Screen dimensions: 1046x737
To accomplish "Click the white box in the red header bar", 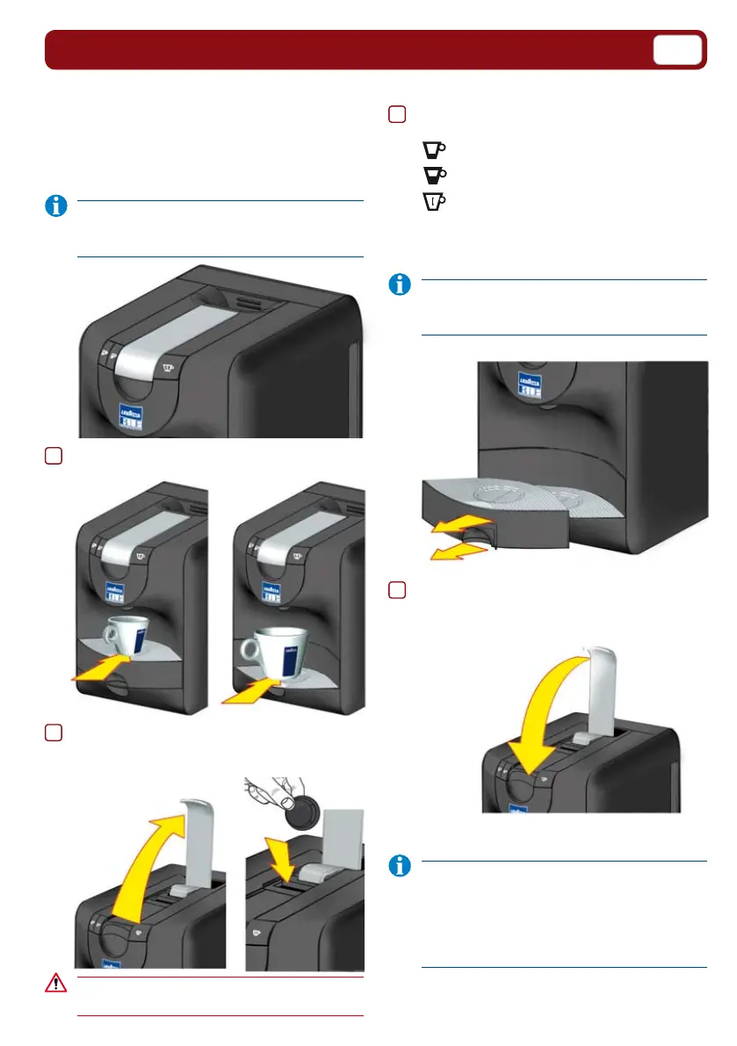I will pyautogui.click(x=677, y=50).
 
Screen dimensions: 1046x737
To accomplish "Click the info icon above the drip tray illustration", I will pyautogui.click(x=401, y=285).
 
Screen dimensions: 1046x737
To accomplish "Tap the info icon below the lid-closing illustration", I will pyautogui.click(x=401, y=866).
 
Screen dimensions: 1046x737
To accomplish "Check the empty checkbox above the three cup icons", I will pyautogui.click(x=397, y=114).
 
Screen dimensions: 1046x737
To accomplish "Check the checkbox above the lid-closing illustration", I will pyautogui.click(x=397, y=590).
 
